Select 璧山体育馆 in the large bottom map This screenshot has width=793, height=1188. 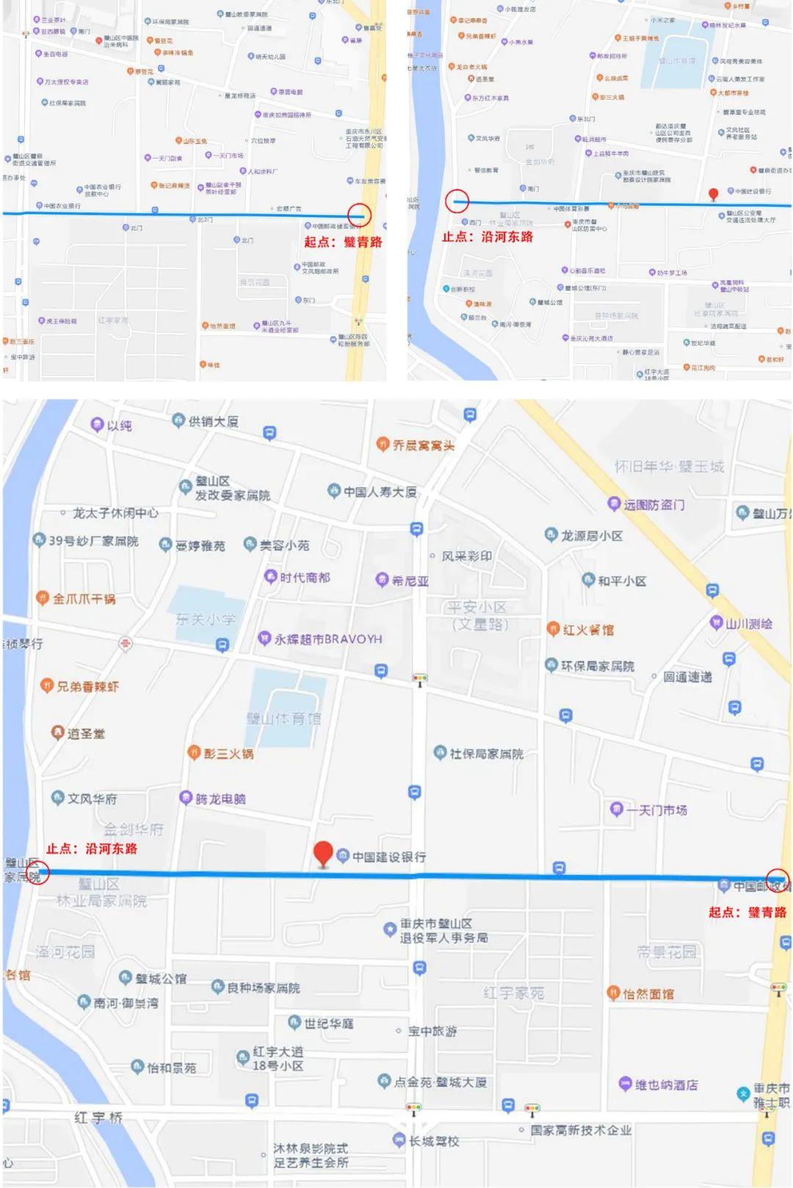click(283, 718)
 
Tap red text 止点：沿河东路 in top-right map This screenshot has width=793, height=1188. click(488, 237)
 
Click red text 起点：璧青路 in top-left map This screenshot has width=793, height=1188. click(343, 242)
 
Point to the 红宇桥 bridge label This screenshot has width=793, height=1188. click(98, 1118)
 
